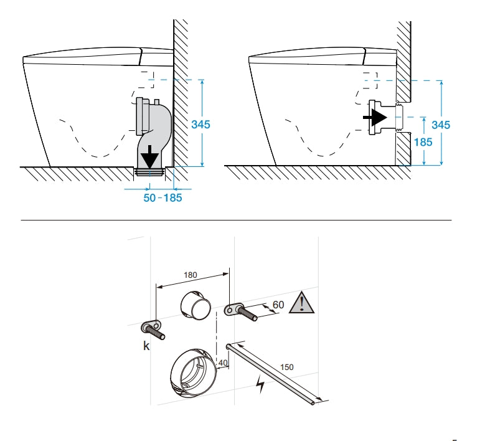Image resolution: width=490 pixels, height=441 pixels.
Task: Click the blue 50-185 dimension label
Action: coord(163,198)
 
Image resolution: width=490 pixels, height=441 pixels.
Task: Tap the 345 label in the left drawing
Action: coord(200,125)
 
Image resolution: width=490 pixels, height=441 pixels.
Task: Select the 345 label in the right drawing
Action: coord(441,125)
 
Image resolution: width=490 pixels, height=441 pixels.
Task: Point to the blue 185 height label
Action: coord(423,142)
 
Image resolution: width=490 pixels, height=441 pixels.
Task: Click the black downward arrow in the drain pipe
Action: coord(150,157)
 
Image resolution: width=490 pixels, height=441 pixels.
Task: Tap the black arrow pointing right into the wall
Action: coord(375,118)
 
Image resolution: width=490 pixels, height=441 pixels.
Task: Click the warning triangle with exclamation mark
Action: coord(301,303)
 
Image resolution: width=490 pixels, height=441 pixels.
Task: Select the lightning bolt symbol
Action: coord(260,384)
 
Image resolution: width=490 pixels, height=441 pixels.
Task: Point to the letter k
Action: coord(146,346)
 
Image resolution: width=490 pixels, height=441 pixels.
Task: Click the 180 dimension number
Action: coord(191,275)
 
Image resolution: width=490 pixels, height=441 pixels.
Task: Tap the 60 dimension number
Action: coord(278,305)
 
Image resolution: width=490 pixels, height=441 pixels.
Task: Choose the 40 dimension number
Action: coord(223,363)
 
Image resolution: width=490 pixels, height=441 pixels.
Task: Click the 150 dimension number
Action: coord(287,367)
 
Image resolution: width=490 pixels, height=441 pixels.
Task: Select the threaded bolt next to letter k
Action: coord(153,330)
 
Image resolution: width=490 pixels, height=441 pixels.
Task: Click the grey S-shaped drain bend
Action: coord(154,133)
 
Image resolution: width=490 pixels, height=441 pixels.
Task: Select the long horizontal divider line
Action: coord(236,220)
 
